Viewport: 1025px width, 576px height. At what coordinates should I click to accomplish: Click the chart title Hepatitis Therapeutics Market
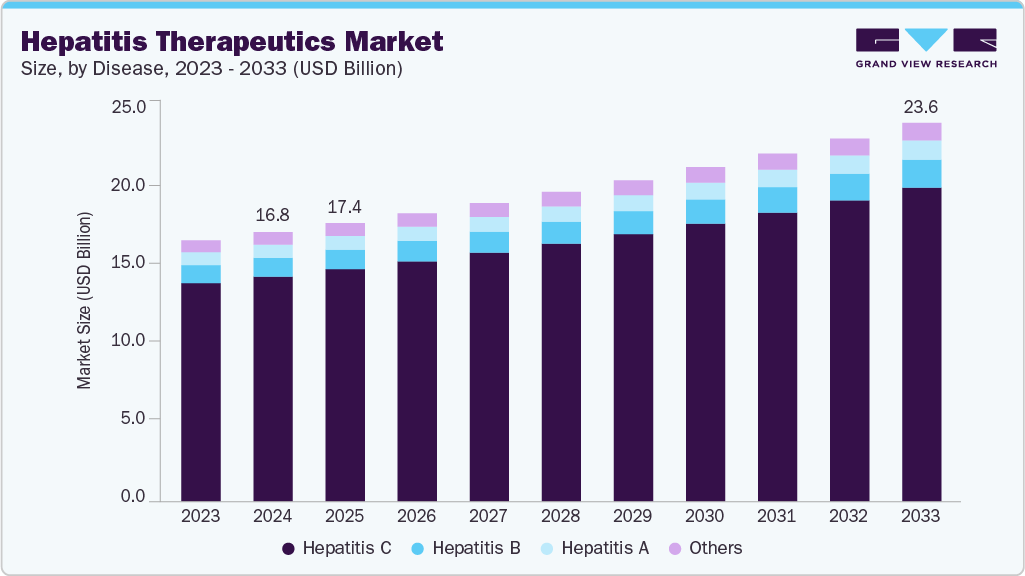pyautogui.click(x=231, y=41)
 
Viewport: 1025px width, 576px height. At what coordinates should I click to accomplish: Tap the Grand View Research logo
pyautogui.click(x=926, y=47)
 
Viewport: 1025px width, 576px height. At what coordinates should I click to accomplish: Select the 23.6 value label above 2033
pyautogui.click(x=920, y=106)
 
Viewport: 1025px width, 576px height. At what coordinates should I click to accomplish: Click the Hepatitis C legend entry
pyautogui.click(x=337, y=548)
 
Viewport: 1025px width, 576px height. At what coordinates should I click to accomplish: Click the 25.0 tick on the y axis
pyautogui.click(x=131, y=107)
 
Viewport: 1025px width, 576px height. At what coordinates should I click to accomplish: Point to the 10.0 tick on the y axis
pyautogui.click(x=131, y=341)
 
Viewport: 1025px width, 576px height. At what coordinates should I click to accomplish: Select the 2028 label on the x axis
pyautogui.click(x=560, y=517)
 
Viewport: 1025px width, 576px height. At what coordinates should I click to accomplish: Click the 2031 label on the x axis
pyautogui.click(x=777, y=517)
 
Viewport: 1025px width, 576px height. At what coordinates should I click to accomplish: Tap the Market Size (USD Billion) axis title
pyautogui.click(x=85, y=301)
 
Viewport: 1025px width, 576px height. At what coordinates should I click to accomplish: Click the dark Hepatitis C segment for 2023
pyautogui.click(x=201, y=390)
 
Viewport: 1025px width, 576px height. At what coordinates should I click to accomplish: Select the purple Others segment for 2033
pyautogui.click(x=921, y=131)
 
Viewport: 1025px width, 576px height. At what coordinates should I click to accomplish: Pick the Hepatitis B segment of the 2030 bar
pyautogui.click(x=705, y=211)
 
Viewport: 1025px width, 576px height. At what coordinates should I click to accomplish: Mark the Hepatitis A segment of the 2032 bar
pyautogui.click(x=849, y=164)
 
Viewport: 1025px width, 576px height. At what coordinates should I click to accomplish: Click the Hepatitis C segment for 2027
pyautogui.click(x=489, y=375)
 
